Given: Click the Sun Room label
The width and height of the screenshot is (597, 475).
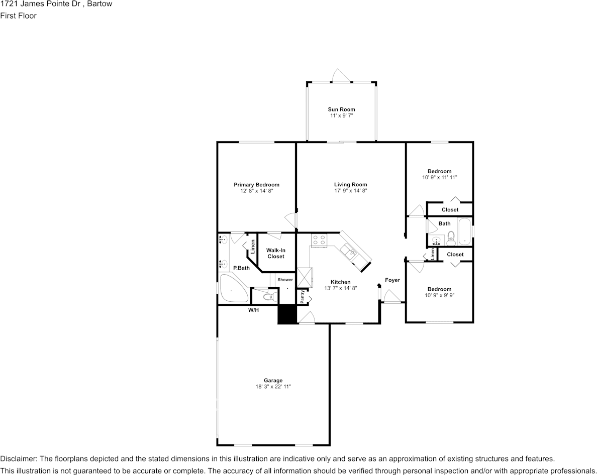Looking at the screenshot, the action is tap(342, 109).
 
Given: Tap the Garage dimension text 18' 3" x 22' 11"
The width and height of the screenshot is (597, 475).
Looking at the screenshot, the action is tap(273, 387).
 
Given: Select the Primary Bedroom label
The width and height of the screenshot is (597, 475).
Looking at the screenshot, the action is tap(257, 185).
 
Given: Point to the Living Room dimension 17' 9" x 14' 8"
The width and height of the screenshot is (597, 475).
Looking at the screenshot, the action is tap(351, 191).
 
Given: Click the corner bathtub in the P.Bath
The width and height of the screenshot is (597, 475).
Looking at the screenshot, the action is tap(232, 289).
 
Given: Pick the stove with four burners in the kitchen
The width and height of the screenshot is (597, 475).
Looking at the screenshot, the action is tap(319, 240).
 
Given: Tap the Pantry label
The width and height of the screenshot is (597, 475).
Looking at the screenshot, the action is tap(303, 297).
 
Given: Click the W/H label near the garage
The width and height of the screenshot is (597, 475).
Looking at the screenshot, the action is tap(254, 310).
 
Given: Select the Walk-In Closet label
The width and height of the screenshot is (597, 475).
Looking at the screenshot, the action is tap(276, 253).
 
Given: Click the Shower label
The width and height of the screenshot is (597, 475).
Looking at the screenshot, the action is tap(285, 280).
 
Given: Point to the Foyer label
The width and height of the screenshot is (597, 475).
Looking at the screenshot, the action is tap(392, 280).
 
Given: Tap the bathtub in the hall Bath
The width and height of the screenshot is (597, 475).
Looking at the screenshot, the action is tap(464, 231).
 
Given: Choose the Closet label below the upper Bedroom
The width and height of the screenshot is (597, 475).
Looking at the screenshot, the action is tap(450, 209).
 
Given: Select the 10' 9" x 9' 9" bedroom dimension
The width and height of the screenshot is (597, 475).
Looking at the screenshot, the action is tap(439, 295).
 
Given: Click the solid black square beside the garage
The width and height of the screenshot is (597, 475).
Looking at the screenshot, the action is tap(287, 315).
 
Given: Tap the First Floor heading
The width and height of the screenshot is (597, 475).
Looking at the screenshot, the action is tap(18, 16).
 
